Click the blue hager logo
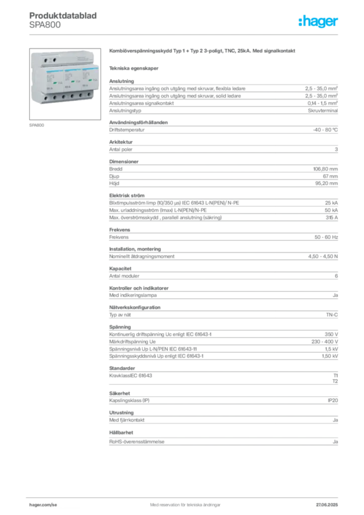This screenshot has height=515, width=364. click(x=319, y=22)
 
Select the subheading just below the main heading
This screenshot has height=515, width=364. click(x=135, y=67)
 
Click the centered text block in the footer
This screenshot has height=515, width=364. click(x=181, y=502)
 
